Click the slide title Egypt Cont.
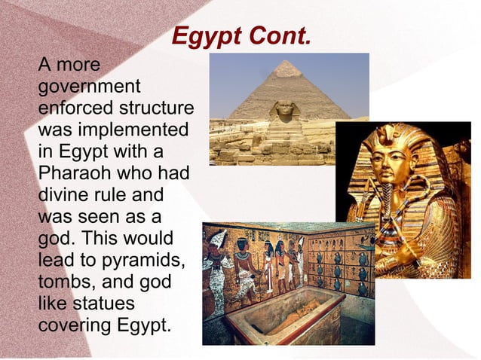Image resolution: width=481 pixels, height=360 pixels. pyautogui.click(x=240, y=36)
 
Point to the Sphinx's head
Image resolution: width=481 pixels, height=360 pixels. pyautogui.click(x=284, y=111)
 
